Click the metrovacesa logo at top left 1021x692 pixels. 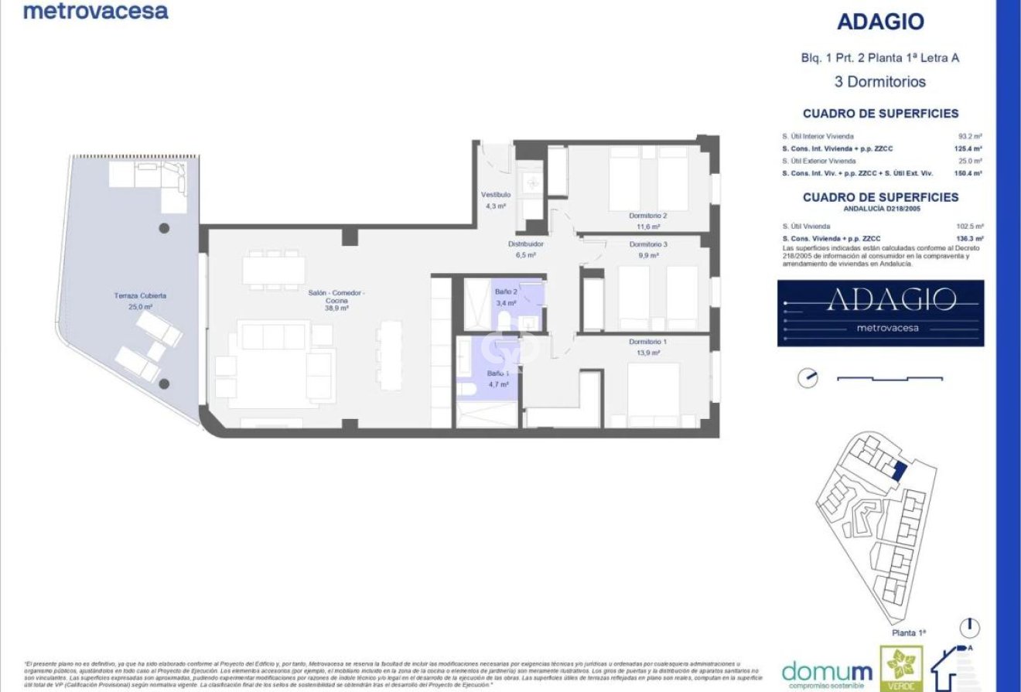(x=95, y=11)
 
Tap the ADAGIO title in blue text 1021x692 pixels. (x=880, y=22)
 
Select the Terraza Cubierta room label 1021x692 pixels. (x=140, y=296)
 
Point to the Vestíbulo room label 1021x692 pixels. (x=495, y=195)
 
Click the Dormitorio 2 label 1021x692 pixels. (x=647, y=216)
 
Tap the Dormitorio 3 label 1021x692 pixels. (x=647, y=244)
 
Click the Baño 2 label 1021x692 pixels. (x=506, y=292)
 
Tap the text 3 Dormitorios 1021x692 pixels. (x=880, y=81)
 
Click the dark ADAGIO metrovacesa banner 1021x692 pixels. (x=880, y=312)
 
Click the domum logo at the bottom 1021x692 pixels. (x=827, y=671)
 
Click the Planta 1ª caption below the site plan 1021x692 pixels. (x=907, y=632)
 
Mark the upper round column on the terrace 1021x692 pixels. (x=164, y=228)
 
